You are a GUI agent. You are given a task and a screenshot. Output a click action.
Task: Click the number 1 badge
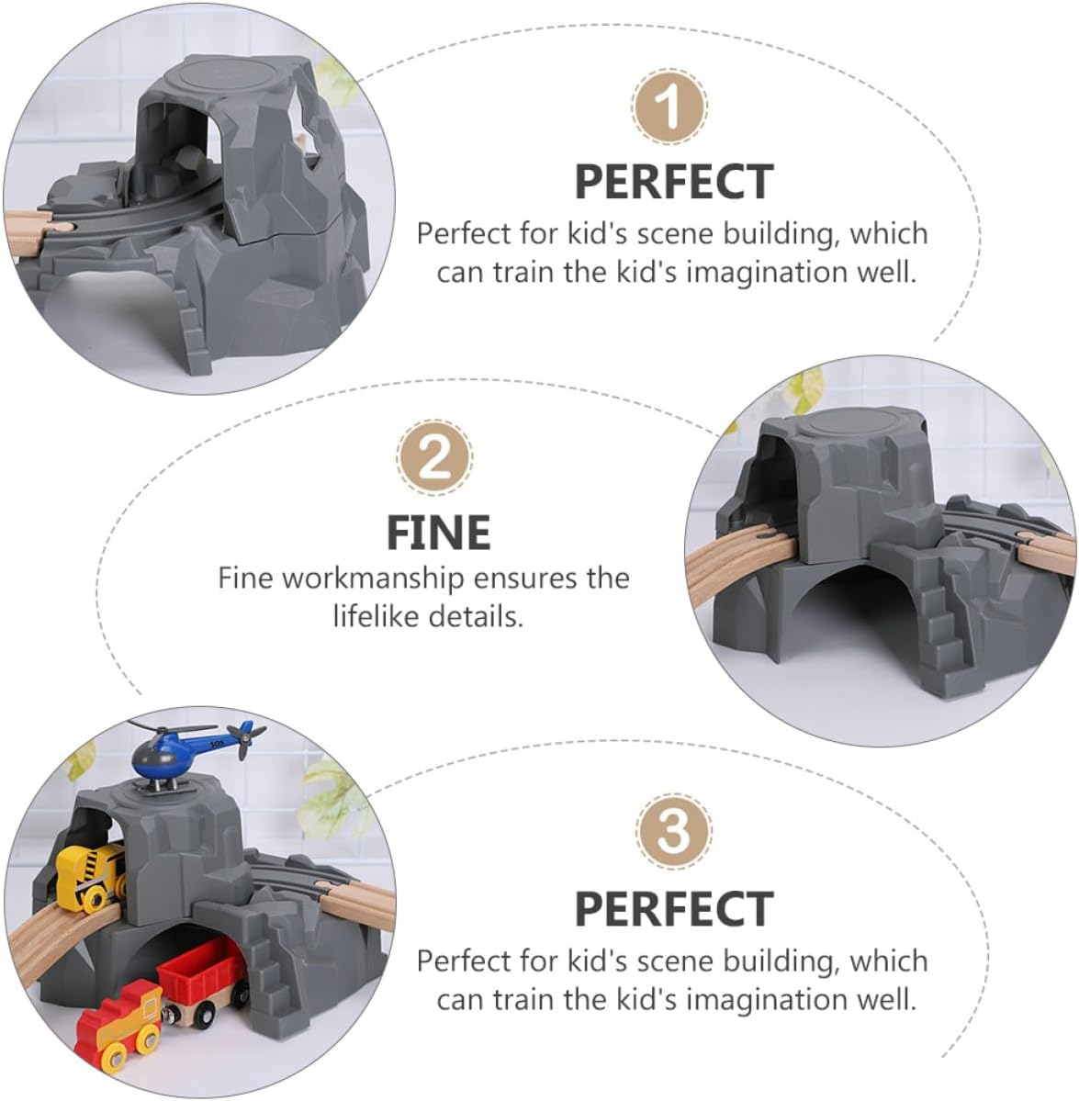[x=669, y=107]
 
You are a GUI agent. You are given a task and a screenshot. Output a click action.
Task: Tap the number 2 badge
[x=434, y=458]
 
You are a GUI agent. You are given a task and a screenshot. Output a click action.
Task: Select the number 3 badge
[x=673, y=831]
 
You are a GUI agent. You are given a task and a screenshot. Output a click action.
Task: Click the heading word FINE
[x=438, y=533]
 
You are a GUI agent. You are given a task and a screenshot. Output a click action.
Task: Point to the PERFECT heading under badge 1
[x=674, y=182]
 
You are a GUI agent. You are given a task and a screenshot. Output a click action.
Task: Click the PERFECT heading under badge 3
[x=674, y=909]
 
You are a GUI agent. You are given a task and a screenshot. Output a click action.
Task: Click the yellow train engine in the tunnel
[x=90, y=878]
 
